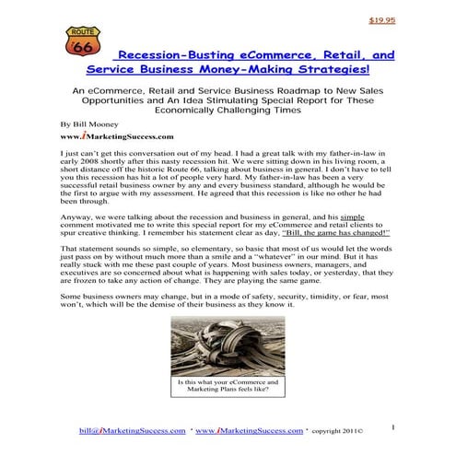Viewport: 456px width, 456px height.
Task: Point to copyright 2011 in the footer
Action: (335, 431)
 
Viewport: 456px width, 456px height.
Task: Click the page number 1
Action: (392, 427)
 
